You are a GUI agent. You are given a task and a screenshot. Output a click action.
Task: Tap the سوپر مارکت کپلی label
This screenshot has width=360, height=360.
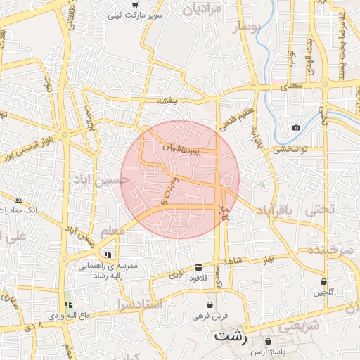136,15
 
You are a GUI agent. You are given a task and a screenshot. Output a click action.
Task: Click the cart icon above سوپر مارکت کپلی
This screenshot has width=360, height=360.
134,4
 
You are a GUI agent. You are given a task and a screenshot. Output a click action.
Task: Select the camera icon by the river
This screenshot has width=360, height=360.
296,127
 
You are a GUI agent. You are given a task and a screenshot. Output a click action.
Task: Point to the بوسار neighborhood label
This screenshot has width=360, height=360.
248,27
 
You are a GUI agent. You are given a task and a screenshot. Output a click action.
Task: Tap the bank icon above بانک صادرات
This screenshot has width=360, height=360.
18,200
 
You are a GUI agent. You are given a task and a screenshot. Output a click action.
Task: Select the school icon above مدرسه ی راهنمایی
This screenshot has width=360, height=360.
108,255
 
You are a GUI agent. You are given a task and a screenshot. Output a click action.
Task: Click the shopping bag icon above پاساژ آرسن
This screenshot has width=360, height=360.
268,341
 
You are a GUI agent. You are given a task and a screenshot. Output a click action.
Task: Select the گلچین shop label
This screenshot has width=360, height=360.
323,292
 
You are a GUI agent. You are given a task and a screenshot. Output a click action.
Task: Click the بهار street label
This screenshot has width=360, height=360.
266,261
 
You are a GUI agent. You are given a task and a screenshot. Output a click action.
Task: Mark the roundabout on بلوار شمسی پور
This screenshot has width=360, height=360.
65,134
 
